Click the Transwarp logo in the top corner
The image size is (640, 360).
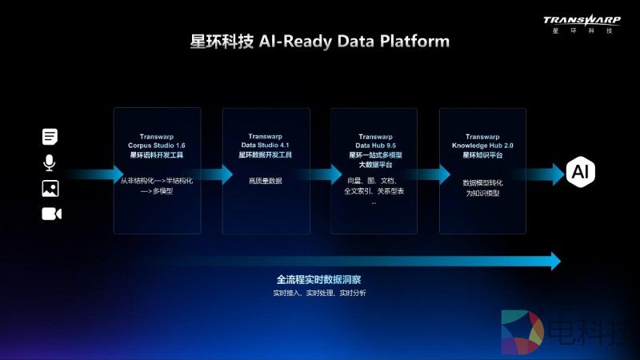tap(582, 22)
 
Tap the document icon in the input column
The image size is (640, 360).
tap(50, 137)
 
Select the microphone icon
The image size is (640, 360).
tap(50, 163)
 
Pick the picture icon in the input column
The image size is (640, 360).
tap(50, 189)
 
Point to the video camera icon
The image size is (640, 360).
tap(51, 214)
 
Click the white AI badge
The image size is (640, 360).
tap(578, 171)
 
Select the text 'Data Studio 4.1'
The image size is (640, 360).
tap(266, 145)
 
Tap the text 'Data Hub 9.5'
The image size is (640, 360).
tap(374, 145)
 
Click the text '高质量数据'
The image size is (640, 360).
tap(266, 182)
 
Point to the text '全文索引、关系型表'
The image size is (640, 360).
tap(374, 192)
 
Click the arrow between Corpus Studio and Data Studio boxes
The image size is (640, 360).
tap(211, 174)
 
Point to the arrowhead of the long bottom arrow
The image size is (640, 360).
tap(554, 260)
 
